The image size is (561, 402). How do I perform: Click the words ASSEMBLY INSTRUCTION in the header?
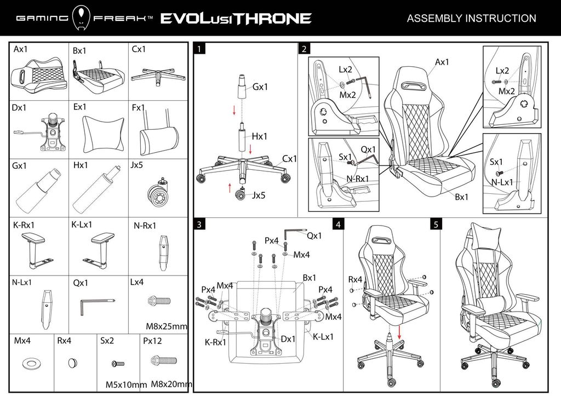click(x=471, y=18)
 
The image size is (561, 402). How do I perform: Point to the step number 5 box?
click(x=436, y=225)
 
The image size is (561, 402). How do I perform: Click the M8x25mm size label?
click(x=167, y=326)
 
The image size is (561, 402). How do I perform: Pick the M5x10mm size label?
click(x=125, y=384)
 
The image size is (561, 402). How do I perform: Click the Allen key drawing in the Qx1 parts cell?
click(x=96, y=304)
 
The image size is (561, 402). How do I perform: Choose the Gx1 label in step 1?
click(x=260, y=87)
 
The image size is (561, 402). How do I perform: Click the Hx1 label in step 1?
click(x=260, y=136)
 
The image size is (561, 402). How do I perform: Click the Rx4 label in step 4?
click(x=355, y=279)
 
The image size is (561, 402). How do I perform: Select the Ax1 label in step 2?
click(x=442, y=62)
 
